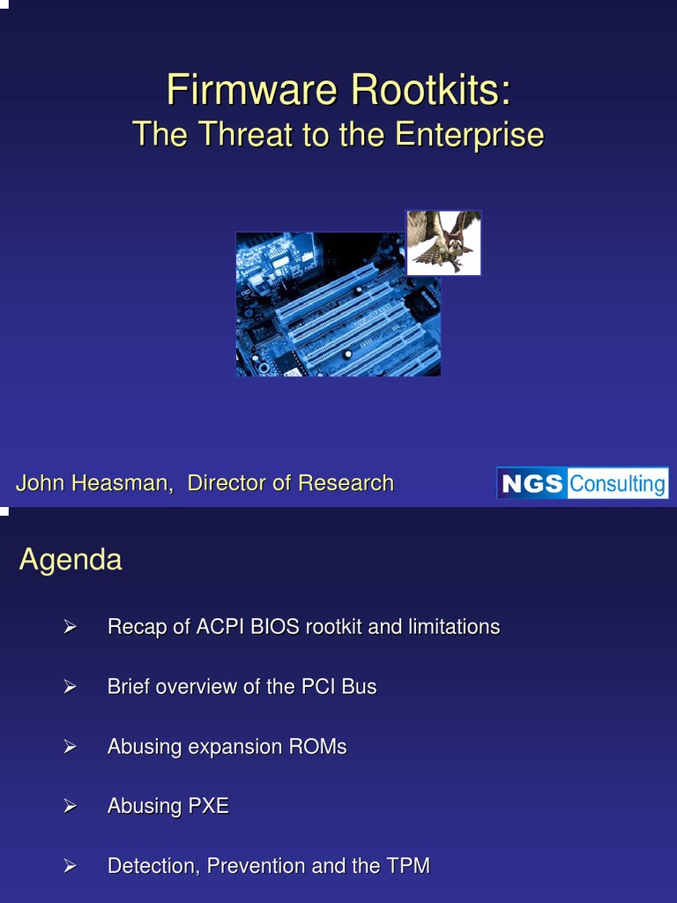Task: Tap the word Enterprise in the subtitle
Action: tap(469, 135)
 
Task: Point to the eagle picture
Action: tap(444, 243)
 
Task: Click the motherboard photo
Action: tap(338, 304)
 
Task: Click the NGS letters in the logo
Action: tap(532, 483)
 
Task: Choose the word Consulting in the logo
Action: tap(617, 483)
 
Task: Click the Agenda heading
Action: tap(71, 559)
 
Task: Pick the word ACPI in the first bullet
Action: tap(221, 627)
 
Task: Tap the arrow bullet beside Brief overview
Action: tap(71, 687)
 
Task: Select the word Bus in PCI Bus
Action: tap(359, 687)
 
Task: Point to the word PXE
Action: tap(208, 806)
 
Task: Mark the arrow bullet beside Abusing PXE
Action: tap(71, 806)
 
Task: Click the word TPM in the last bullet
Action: tap(408, 866)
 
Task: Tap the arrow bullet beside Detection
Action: tap(71, 866)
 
